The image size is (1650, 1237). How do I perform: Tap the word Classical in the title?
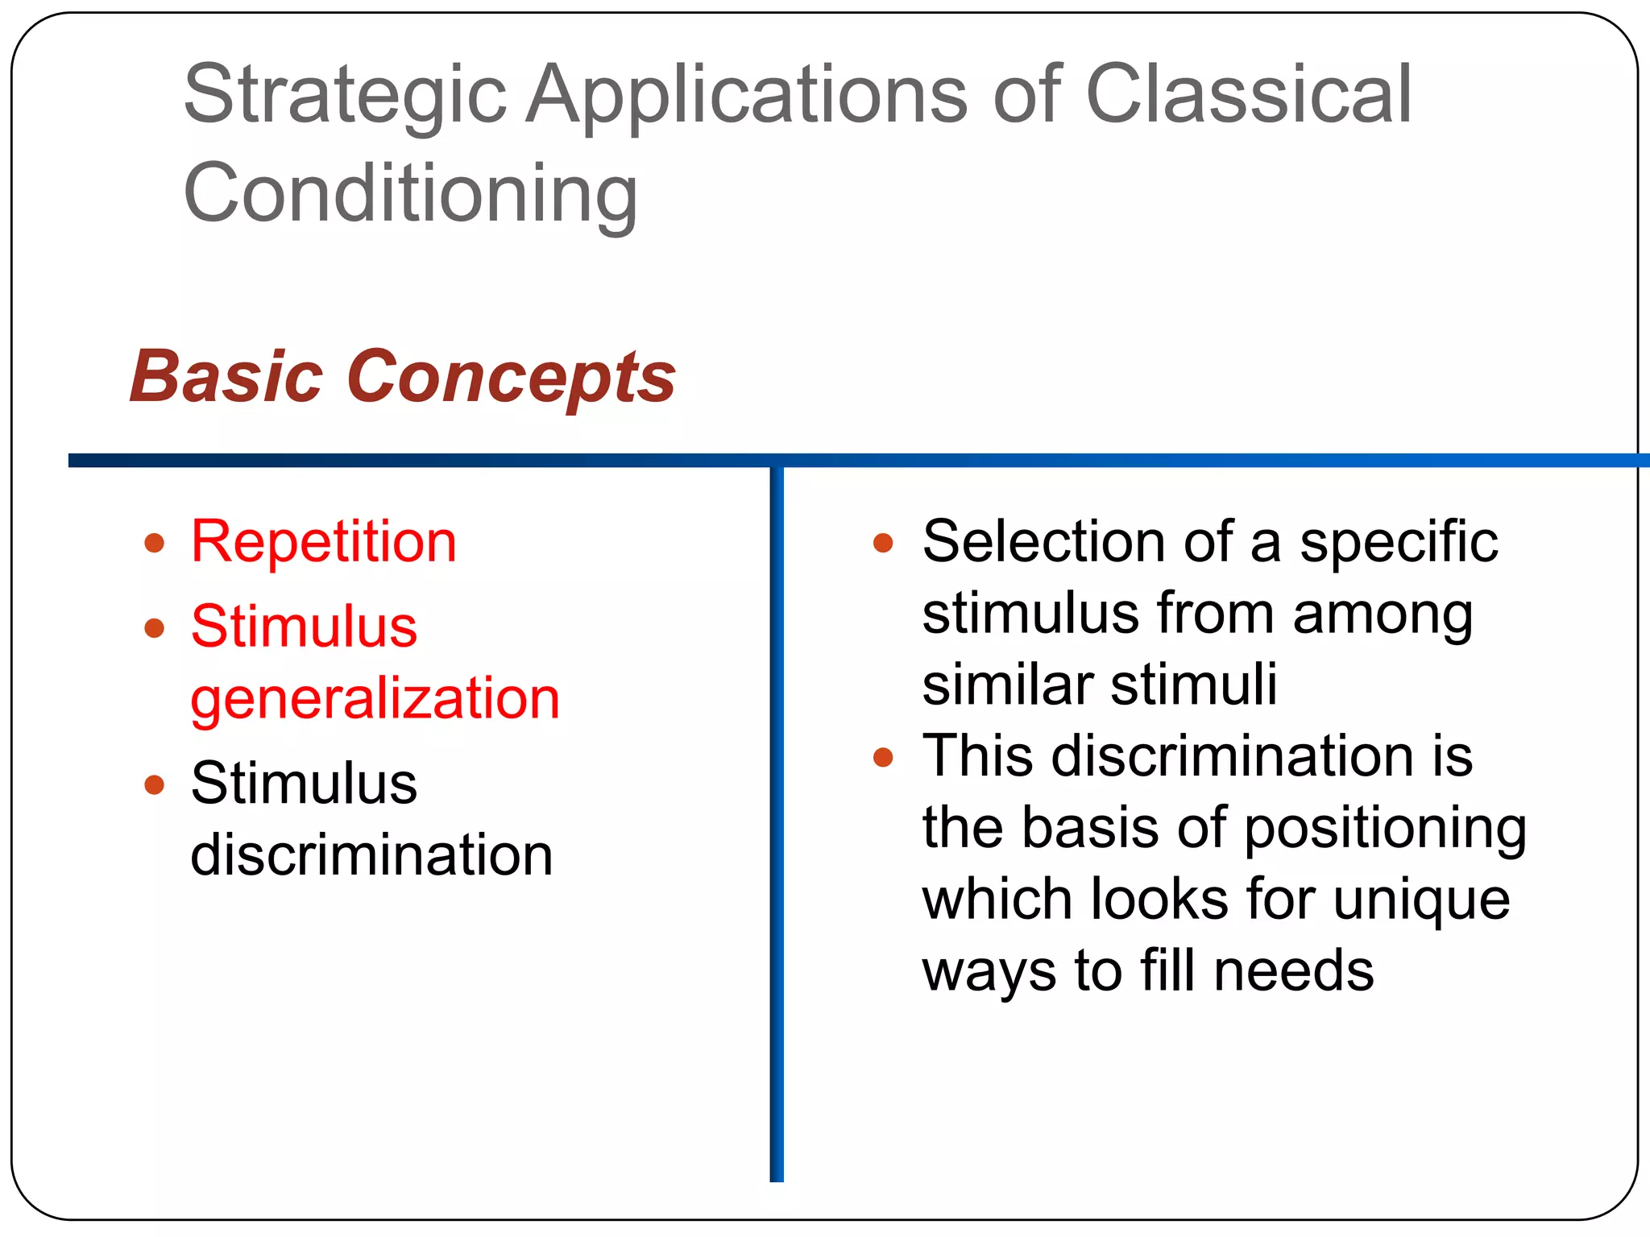coord(1249,95)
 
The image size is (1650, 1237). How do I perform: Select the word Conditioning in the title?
coord(411,193)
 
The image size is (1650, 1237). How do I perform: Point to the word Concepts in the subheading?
coord(512,377)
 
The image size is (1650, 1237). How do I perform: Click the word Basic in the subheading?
coord(226,377)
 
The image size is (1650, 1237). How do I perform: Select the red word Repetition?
coord(324,541)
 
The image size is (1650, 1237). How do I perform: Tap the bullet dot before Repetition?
coord(155,543)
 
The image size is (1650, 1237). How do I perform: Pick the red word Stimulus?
coord(305,627)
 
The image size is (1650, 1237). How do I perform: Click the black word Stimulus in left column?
coord(305,783)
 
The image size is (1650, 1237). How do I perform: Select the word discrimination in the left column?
coord(372,854)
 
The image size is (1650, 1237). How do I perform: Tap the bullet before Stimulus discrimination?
coord(155,784)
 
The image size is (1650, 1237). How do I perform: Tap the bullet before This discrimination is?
coord(884,757)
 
